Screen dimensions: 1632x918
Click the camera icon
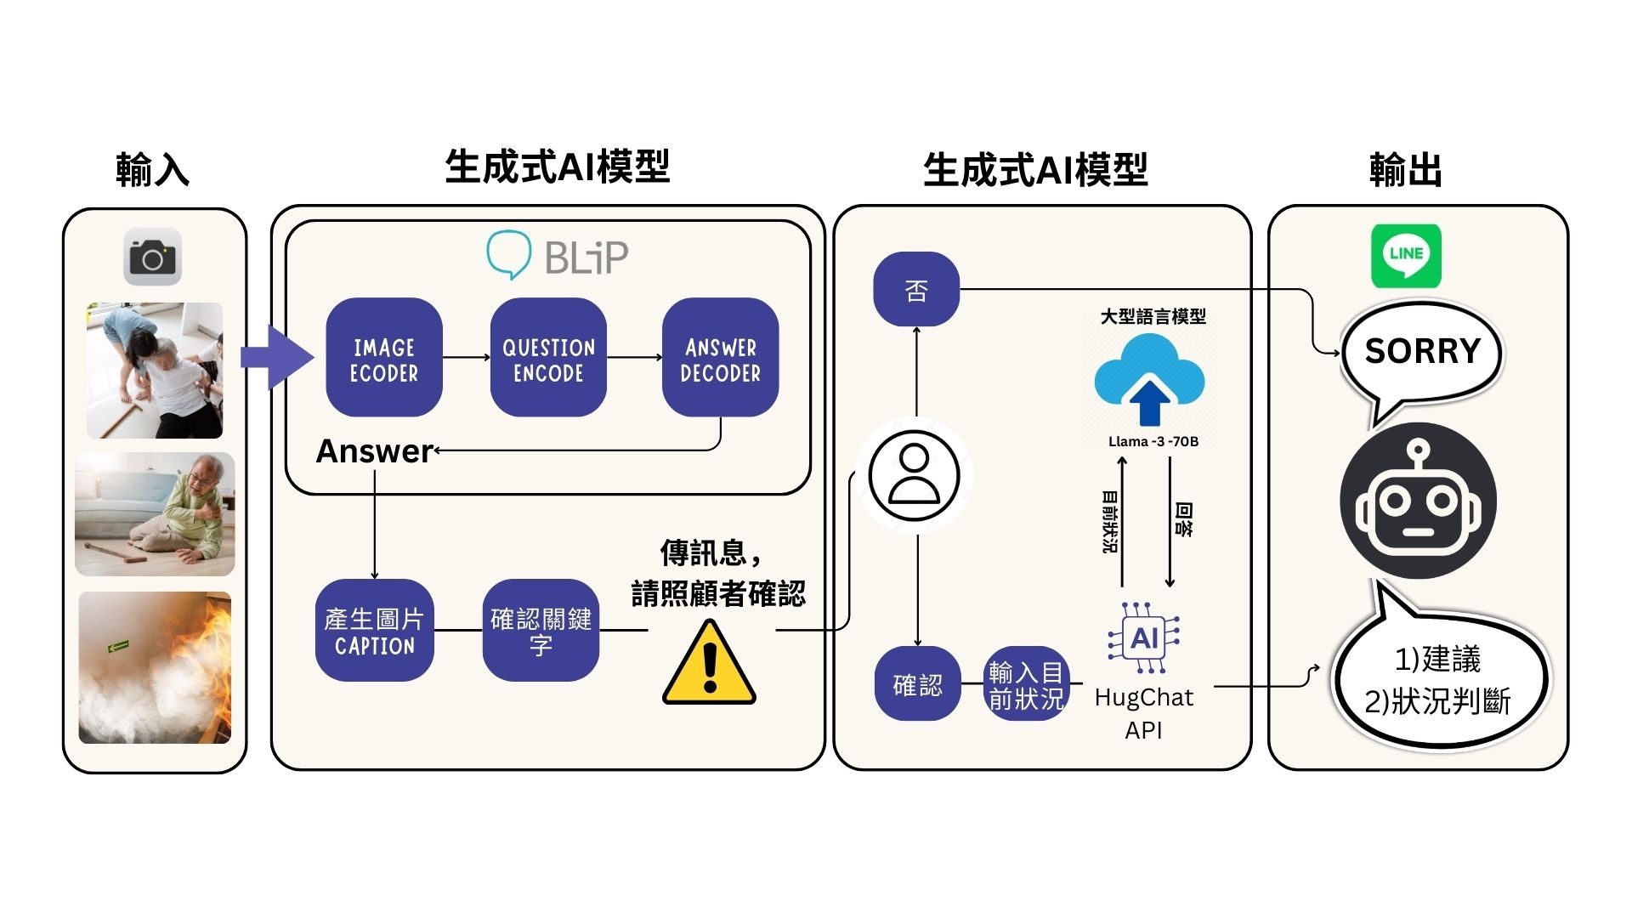click(153, 257)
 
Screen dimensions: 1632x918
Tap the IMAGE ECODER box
click(384, 358)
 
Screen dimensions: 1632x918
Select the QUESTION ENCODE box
click(548, 358)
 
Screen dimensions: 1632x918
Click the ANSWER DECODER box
click(721, 358)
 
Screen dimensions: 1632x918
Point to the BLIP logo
click(558, 255)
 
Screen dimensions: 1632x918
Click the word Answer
click(375, 451)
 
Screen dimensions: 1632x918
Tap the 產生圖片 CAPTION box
click(375, 631)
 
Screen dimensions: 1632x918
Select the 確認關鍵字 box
click(541, 631)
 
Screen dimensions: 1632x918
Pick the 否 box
click(916, 289)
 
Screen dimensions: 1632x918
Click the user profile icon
click(915, 476)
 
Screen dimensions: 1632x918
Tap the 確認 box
click(918, 684)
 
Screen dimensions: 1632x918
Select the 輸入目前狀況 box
click(1027, 684)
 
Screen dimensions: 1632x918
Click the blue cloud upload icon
click(1149, 380)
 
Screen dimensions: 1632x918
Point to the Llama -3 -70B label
click(1153, 441)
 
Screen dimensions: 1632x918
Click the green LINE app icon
click(1407, 256)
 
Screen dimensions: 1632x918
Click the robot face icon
click(1418, 501)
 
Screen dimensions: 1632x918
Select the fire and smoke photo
click(155, 668)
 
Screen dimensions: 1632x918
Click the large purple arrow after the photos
click(277, 357)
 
